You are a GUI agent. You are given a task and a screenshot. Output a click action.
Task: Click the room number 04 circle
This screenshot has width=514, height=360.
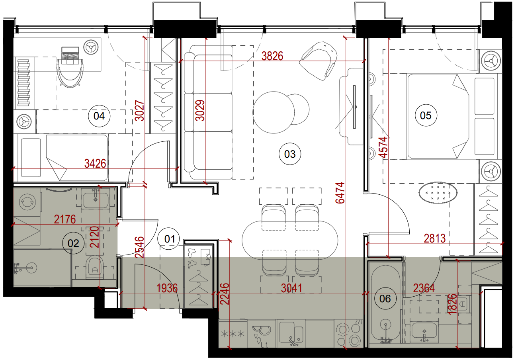[x=99, y=116]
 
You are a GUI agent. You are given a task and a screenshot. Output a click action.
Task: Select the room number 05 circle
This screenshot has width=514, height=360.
[x=426, y=115]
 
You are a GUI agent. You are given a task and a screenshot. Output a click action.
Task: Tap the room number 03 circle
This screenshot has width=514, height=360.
[x=290, y=154]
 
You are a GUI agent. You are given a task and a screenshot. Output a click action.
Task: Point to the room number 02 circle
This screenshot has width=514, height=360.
[x=73, y=243]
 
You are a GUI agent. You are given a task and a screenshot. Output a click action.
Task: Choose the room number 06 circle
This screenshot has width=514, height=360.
[x=385, y=299]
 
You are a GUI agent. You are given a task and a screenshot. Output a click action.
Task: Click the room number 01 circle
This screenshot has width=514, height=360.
[x=170, y=239]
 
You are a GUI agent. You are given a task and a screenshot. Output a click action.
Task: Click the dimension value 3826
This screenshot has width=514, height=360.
[x=272, y=56]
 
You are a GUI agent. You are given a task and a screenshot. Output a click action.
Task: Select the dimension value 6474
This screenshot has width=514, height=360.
[x=340, y=193]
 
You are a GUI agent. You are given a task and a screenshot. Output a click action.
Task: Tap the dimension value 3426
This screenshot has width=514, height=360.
[x=95, y=164]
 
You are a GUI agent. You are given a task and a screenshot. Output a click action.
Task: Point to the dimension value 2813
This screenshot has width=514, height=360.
[x=435, y=239]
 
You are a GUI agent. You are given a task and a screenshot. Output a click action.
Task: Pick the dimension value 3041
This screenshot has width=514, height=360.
[x=292, y=288]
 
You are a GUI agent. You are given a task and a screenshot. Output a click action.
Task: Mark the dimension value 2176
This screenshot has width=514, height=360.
[x=65, y=219]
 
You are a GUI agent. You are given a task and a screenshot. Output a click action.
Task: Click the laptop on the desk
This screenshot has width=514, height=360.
[x=70, y=55]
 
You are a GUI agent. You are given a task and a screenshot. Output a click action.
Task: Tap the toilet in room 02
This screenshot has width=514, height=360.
[x=95, y=268]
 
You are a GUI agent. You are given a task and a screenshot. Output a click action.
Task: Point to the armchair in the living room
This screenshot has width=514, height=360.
[x=319, y=61]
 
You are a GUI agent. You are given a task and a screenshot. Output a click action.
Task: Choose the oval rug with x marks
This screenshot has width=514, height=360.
[x=438, y=192]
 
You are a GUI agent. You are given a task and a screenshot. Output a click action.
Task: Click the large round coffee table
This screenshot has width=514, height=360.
[x=274, y=112]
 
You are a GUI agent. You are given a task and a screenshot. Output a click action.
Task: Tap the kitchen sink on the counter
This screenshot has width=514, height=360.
[x=291, y=333]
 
